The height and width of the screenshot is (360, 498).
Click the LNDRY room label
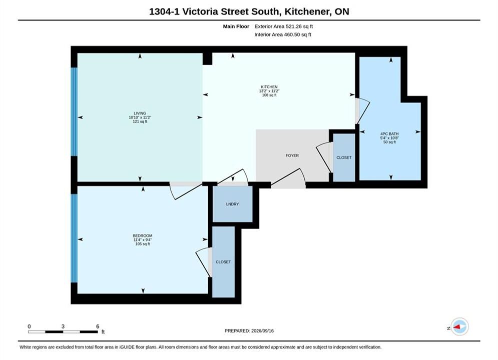(x=233, y=204)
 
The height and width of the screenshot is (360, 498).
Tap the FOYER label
(x=292, y=155)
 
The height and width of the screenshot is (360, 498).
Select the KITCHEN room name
(x=269, y=87)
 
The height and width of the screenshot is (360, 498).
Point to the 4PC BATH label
(x=389, y=134)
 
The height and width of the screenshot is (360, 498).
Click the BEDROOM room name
(x=143, y=235)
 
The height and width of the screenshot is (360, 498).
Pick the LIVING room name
(x=140, y=113)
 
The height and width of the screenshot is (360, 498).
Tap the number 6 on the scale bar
(x=98, y=326)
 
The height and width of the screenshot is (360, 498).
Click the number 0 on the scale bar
(x=29, y=326)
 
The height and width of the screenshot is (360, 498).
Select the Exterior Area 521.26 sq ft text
(x=284, y=26)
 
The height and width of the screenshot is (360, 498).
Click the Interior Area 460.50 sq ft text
(x=283, y=34)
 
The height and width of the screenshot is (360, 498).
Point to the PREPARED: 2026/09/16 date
(x=249, y=331)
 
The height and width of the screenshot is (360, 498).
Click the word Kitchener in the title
(x=307, y=11)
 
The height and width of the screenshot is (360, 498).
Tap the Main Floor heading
(x=236, y=26)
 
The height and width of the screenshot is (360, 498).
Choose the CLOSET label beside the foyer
(x=344, y=157)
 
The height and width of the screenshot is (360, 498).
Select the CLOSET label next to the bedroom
(x=223, y=262)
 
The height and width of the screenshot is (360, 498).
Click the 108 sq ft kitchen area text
(x=269, y=95)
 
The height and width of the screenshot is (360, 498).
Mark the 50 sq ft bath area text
(x=389, y=142)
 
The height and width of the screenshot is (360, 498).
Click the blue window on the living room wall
(x=74, y=111)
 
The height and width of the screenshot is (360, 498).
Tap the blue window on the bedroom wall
(x=74, y=238)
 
